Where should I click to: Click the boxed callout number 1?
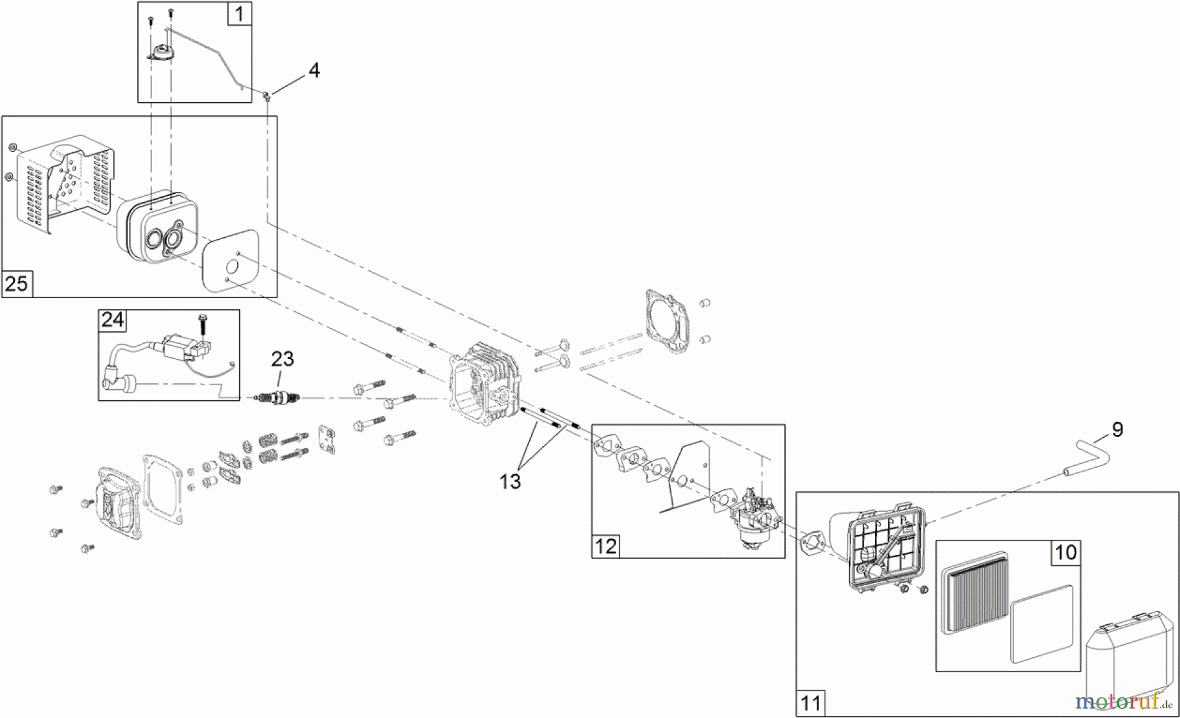239,14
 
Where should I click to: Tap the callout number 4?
314,70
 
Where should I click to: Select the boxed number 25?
16,284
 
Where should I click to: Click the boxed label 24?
112,320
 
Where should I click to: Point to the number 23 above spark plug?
283,359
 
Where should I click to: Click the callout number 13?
509,482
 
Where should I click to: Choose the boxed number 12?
606,545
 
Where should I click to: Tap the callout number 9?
1118,430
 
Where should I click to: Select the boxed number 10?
1065,552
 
